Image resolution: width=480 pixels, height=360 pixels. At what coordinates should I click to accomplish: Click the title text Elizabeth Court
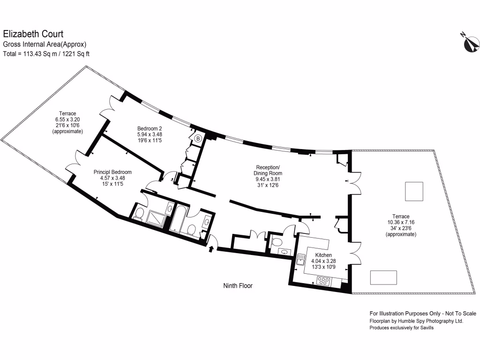point(33,34)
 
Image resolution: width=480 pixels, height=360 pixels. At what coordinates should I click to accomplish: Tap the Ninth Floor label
point(237,285)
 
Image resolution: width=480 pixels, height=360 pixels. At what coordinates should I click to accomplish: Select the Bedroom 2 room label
point(150,128)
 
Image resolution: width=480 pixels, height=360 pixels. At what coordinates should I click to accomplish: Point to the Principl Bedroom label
point(112,172)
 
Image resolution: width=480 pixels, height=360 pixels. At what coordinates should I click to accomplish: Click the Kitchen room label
point(324,255)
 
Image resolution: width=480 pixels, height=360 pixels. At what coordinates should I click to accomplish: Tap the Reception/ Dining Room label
point(269,170)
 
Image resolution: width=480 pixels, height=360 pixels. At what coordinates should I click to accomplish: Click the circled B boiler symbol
point(198,138)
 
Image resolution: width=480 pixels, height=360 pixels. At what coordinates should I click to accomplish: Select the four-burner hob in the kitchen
point(324,281)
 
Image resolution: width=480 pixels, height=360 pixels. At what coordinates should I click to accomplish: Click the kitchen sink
point(300,259)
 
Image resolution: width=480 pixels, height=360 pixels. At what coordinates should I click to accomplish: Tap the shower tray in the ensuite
point(156,218)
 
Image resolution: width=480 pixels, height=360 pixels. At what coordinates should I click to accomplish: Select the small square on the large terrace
point(414,192)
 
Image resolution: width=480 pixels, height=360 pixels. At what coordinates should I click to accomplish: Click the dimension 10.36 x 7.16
point(400,222)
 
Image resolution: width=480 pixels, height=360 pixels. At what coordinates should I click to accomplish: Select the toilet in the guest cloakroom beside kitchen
point(277,242)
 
